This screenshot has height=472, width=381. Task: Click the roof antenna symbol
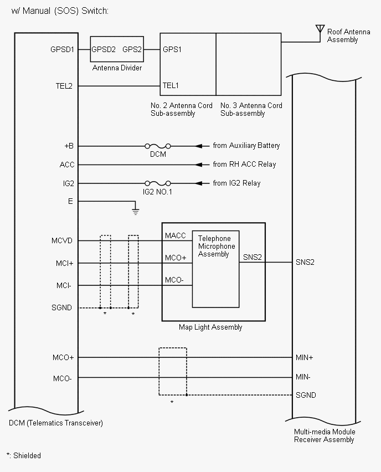coord(320,29)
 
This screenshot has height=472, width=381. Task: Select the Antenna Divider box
coord(117,50)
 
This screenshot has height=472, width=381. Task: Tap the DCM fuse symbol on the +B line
coord(158,146)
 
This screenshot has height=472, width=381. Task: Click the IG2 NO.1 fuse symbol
coord(158,183)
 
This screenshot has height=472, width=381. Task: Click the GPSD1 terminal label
coord(62,49)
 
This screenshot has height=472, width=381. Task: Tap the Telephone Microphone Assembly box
coord(216,269)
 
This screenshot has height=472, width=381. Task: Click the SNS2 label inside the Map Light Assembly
coord(253,257)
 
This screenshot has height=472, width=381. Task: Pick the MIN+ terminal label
coord(305,358)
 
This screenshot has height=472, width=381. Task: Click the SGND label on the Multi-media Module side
coord(306,395)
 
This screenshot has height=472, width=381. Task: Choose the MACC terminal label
coord(175,236)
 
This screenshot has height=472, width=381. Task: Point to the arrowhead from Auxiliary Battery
coord(197,146)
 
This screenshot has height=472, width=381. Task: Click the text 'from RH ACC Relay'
coord(244,165)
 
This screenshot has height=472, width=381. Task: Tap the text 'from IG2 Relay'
coord(236,183)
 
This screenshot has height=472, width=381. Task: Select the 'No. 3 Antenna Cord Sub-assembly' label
coord(251,109)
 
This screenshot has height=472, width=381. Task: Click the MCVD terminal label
coord(63,241)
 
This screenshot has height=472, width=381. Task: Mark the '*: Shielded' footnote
coord(24,455)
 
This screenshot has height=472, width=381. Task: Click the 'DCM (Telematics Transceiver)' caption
coord(56,423)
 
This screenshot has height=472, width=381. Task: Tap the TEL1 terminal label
coord(171,86)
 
